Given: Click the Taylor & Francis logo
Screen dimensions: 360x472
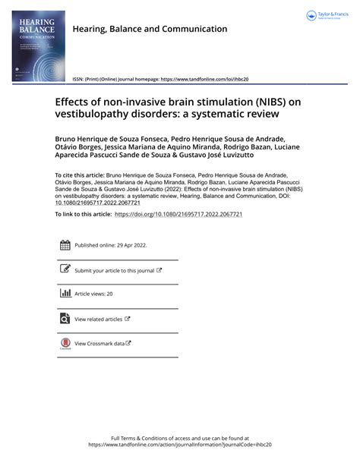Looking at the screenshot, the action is pyautogui.click(x=327, y=16).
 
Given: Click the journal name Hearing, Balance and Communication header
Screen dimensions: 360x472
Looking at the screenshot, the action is pyautogui.click(x=149, y=30).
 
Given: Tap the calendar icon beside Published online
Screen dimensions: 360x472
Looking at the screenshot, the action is pyautogui.click(x=65, y=245).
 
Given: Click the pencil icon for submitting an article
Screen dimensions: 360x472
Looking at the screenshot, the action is pyautogui.click(x=65, y=269).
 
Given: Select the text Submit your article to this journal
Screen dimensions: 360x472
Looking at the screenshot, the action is pyautogui.click(x=114, y=270).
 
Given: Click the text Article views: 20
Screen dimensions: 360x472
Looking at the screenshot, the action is pyautogui.click(x=93, y=294).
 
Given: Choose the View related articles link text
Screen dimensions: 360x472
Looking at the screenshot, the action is pyautogui.click(x=98, y=319).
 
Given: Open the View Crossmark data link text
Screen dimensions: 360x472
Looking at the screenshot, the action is pyautogui.click(x=99, y=344).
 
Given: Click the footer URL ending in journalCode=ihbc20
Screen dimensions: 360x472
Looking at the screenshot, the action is pyautogui.click(x=179, y=445).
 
